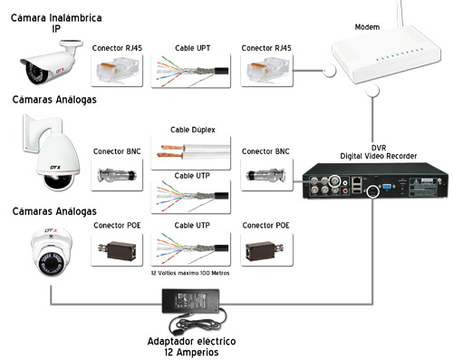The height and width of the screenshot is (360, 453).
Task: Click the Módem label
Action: (367, 27)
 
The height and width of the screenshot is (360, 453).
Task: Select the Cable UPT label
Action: (192, 48)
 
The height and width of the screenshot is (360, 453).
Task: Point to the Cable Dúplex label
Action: (193, 130)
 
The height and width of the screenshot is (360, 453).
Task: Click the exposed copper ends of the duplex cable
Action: (171, 151)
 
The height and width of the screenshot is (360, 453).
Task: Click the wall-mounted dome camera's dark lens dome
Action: (58, 182)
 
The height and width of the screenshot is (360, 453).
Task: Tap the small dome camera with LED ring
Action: (52, 252)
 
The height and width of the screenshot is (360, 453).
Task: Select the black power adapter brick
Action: (190, 301)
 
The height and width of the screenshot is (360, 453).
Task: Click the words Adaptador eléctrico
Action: (191, 342)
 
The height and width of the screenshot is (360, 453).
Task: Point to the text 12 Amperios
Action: (191, 352)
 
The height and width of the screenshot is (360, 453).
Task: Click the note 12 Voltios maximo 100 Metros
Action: (190, 273)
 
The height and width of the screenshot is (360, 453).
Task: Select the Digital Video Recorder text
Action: (379, 156)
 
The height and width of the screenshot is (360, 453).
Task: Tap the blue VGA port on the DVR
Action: (387, 186)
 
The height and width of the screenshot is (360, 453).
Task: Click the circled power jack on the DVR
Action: (373, 191)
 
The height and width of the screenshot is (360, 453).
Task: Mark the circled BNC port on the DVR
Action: (334, 181)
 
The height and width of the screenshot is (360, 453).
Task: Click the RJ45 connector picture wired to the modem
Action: (266, 71)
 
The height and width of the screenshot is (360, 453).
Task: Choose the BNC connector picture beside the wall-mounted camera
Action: (117, 174)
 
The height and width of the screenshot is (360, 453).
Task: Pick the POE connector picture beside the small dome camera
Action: (117, 249)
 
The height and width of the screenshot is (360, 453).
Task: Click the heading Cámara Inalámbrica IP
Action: (56, 23)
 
